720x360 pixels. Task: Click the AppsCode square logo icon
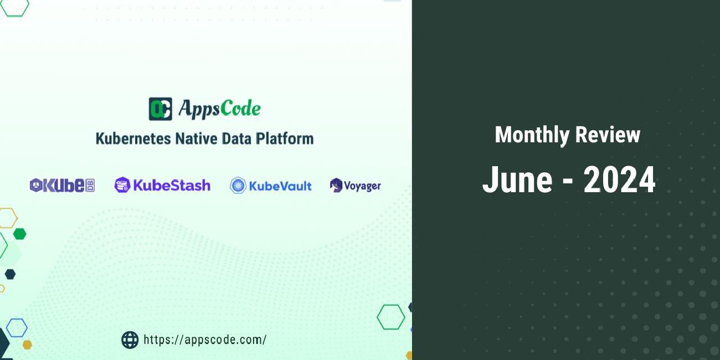(160, 109)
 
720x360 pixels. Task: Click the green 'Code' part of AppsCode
(240, 109)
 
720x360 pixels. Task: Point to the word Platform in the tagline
(285, 138)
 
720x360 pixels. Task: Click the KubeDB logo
(62, 186)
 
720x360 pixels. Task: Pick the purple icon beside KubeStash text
(122, 185)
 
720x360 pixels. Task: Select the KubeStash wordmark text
(171, 185)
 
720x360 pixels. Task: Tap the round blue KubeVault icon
(238, 186)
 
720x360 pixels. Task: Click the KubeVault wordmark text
(280, 186)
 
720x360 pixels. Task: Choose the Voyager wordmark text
(362, 186)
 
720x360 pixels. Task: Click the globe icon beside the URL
(130, 340)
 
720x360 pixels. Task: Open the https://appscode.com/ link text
(205, 340)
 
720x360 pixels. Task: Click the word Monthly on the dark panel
(531, 135)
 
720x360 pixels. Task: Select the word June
(517, 180)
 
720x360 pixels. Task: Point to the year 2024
(619, 180)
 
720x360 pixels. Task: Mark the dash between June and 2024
(568, 182)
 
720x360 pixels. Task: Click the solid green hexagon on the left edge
(19, 234)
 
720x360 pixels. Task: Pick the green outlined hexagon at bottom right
(390, 317)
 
